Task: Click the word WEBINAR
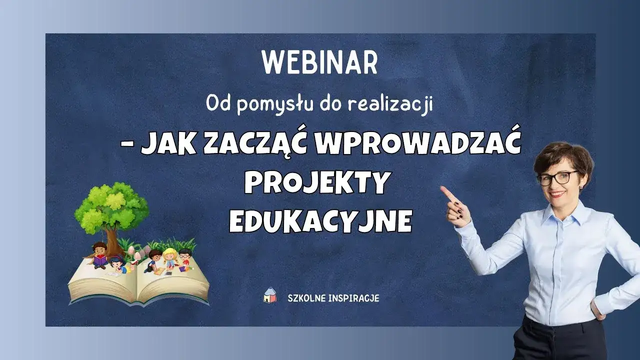[x=320, y=62]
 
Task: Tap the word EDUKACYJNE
[x=320, y=221]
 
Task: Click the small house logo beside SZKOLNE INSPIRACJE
[x=270, y=295]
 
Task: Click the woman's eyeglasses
[x=557, y=177]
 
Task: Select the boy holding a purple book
[x=100, y=253]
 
